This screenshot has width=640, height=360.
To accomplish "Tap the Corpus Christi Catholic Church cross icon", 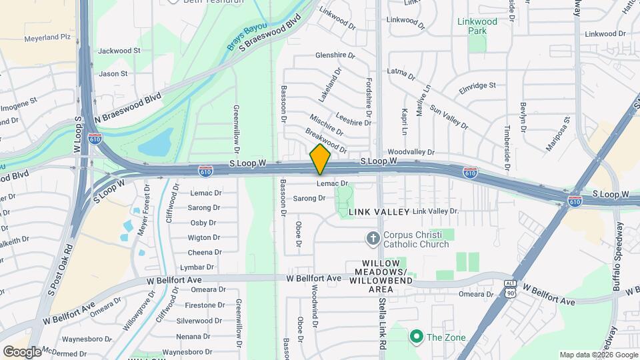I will (x=373, y=238).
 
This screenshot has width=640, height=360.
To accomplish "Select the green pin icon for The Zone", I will (x=417, y=337).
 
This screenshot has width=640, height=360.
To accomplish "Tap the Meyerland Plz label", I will (x=47, y=39).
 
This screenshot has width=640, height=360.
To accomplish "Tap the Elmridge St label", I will (x=478, y=85).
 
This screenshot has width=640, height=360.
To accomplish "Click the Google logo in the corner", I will (x=22, y=351).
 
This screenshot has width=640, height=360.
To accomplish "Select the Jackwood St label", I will (x=119, y=51).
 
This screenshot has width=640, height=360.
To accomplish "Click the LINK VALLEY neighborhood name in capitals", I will (x=379, y=211).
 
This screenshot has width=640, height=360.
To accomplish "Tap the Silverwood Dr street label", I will (x=199, y=320).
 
